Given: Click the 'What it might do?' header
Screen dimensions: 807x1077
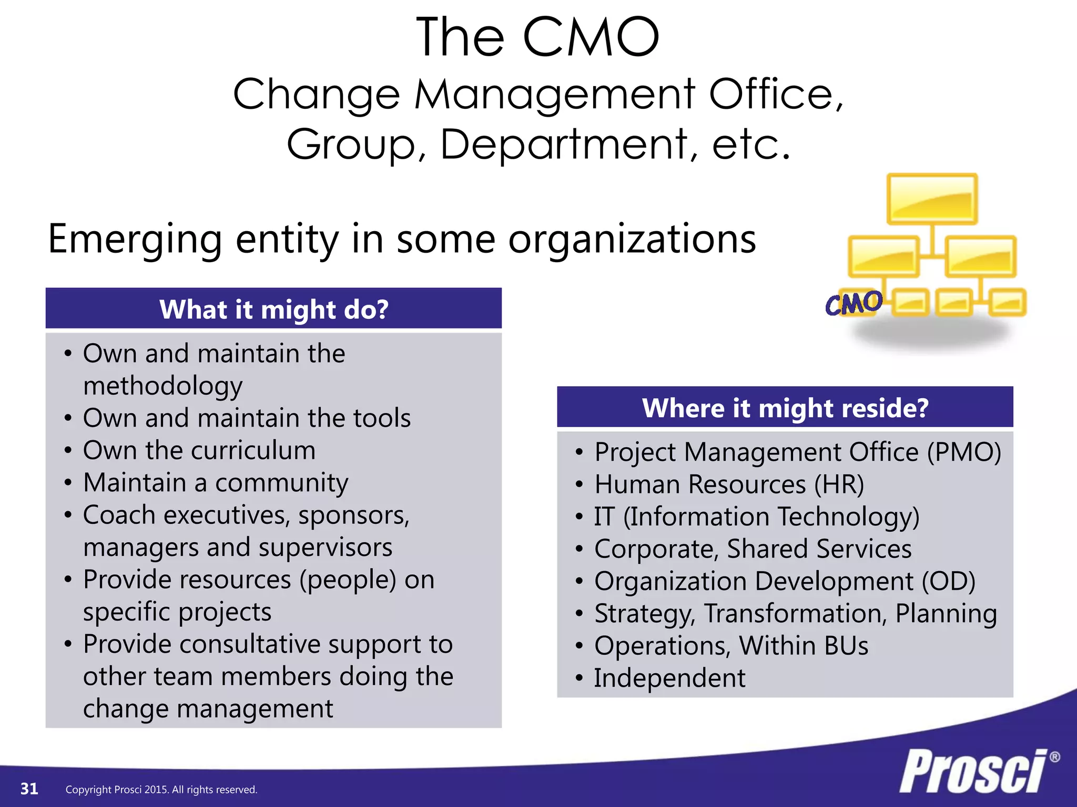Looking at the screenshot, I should point(273,309).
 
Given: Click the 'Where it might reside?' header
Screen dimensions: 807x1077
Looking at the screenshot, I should point(785,408).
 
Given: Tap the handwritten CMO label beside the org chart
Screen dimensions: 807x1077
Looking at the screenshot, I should point(853,303).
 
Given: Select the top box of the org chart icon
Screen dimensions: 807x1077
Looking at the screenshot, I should point(932,199).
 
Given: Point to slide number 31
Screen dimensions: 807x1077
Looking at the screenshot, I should point(29,789).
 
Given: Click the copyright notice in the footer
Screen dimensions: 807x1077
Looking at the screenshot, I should point(161,790).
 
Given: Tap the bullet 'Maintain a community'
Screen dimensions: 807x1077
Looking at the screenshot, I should point(216,483).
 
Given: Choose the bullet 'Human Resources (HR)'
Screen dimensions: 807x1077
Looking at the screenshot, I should point(729,484).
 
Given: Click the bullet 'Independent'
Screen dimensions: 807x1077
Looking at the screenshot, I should point(669,678).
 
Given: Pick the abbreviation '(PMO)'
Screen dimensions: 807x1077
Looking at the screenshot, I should point(963,452).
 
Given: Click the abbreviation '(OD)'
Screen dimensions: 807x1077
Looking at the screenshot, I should point(948,582).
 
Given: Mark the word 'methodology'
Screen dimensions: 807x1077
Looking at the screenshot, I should point(163,386).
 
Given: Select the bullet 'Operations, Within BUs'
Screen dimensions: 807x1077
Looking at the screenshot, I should point(731,646).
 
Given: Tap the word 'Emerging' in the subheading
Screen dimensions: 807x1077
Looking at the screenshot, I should point(135,240).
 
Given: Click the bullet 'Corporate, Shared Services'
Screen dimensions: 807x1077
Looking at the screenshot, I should point(753,549).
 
